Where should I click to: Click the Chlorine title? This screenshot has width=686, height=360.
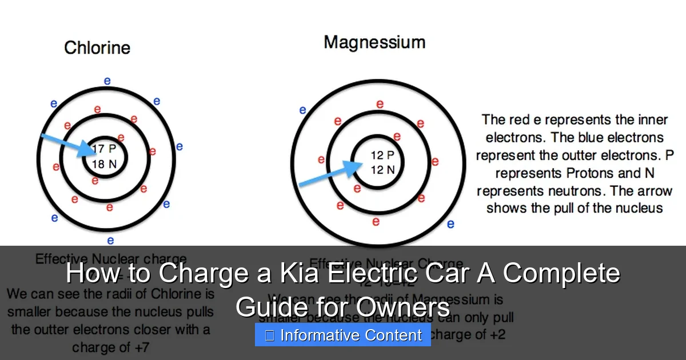tap(97, 47)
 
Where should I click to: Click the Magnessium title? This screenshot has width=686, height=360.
tap(374, 42)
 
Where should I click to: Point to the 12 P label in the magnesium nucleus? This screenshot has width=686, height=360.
tap(382, 155)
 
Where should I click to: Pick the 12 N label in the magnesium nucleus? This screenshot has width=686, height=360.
tap(382, 170)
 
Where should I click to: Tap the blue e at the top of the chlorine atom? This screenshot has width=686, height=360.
tap(107, 81)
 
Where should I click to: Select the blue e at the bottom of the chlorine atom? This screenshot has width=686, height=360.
tap(110, 241)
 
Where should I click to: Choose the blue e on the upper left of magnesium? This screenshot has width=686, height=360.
tap(302, 110)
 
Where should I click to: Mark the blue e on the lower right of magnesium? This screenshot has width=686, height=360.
tap(450, 224)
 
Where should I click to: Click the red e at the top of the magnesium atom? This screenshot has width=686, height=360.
tap(379, 103)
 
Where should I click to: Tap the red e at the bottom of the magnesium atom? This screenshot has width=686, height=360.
tap(376, 221)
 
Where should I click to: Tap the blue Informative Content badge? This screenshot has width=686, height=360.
tap(343, 335)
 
